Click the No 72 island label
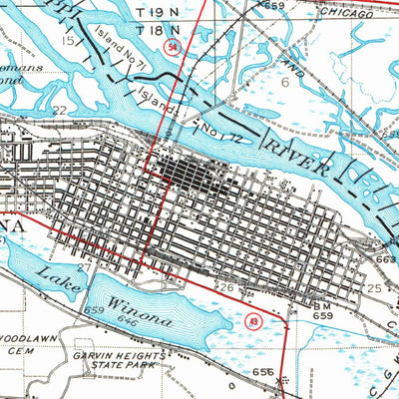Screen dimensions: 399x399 [x=213, y=126]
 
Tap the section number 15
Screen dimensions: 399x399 [x=68, y=41]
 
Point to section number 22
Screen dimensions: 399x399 [x=60, y=110]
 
